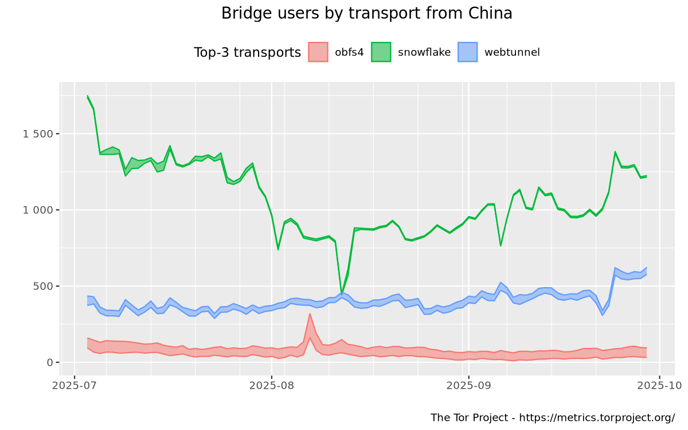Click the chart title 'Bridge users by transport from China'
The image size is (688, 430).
[x=367, y=13]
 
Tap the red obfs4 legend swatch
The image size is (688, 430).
[x=318, y=53]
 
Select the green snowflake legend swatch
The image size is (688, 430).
[x=381, y=53]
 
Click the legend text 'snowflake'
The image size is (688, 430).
[x=424, y=53]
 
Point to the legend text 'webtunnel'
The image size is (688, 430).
[x=512, y=53]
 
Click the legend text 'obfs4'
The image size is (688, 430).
[x=349, y=53]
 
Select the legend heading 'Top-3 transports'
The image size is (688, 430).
[x=247, y=53]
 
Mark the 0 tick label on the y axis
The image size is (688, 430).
[x=49, y=362]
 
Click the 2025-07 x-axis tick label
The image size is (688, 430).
[x=75, y=385]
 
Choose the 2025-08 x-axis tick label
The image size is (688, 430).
[x=272, y=385]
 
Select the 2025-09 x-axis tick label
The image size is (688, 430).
[x=468, y=385]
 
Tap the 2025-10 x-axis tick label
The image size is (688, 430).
[x=659, y=385]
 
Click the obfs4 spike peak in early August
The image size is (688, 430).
[x=310, y=314]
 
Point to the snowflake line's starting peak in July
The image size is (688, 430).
[x=88, y=96]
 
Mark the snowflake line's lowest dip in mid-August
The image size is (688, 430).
[x=342, y=293]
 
